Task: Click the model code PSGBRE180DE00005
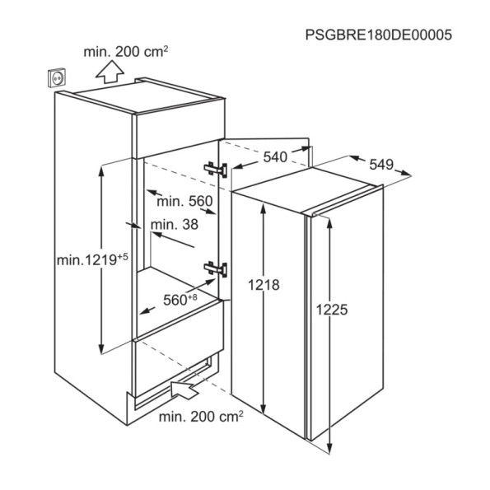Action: click(379, 35)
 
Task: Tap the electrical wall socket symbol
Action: click(57, 77)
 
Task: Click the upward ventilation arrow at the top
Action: click(110, 72)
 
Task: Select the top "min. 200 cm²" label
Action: click(126, 52)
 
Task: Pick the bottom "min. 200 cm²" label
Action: click(201, 417)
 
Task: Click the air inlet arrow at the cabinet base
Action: click(185, 389)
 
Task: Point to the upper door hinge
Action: click(216, 170)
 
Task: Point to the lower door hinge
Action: click(216, 269)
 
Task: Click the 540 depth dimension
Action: click(275, 156)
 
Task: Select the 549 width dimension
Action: click(381, 165)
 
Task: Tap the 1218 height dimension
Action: click(264, 285)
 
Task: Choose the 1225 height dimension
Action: click(332, 310)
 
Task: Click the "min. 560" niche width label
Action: click(184, 201)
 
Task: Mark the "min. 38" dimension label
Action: click(175, 224)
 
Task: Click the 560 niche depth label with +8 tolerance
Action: click(180, 300)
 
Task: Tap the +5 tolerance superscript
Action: click(123, 257)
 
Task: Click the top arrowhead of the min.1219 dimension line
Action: click(101, 170)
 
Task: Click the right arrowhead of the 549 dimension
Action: click(407, 174)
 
